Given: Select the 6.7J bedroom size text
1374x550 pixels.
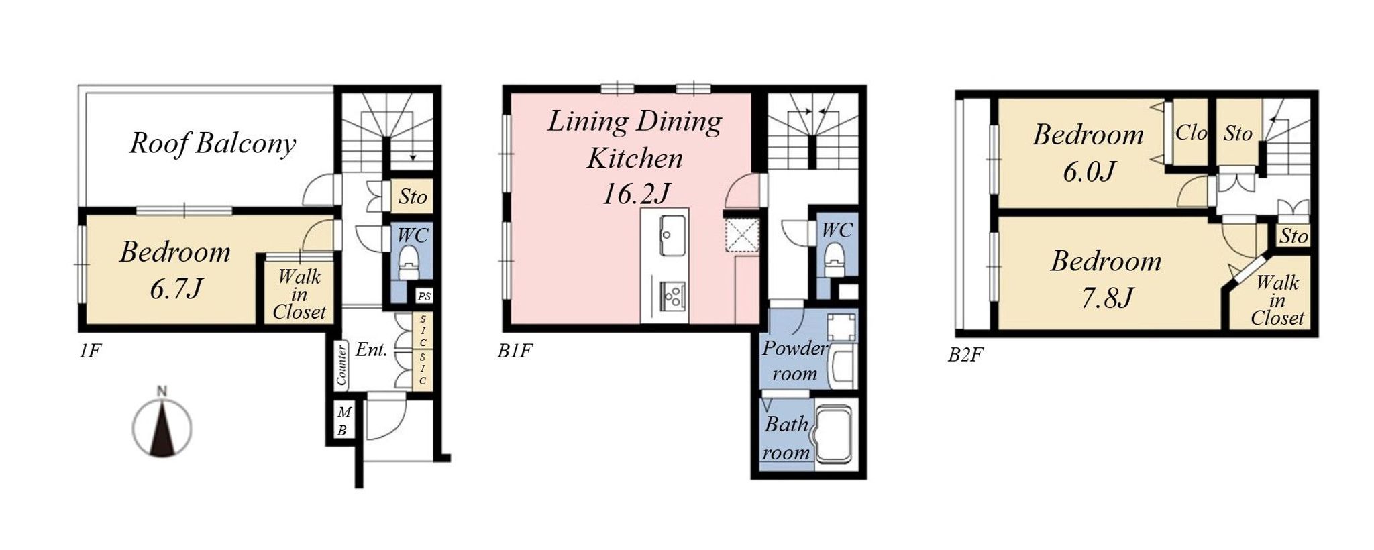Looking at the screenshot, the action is [x=176, y=289].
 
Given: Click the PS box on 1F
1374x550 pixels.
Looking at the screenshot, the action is [x=424, y=296].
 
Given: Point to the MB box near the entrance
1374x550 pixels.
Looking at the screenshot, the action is [x=343, y=421].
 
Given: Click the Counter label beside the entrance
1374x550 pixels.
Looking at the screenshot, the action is [x=341, y=365].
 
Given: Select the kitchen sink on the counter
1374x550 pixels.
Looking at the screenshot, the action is [x=672, y=235].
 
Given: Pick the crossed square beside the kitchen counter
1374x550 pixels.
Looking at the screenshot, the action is [x=742, y=235].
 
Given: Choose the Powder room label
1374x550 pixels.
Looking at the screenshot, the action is [x=795, y=361].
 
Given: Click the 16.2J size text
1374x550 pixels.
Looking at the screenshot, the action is [x=635, y=195].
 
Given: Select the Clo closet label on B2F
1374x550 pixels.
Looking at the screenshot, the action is [x=1191, y=133].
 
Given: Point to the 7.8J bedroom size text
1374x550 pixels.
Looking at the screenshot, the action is [x=1107, y=297].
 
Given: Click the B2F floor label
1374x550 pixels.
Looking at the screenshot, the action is [x=965, y=355].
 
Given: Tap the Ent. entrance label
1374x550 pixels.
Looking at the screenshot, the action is [x=371, y=349].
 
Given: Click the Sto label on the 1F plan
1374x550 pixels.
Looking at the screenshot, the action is [x=412, y=197].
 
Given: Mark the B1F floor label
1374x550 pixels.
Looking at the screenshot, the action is [x=515, y=351].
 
